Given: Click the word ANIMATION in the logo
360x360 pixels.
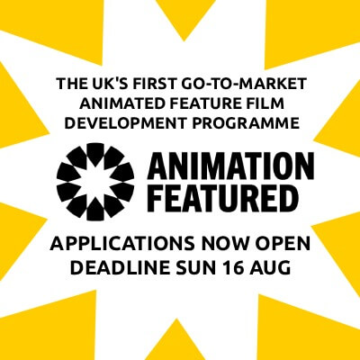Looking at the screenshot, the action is pyautogui.click(x=230, y=166).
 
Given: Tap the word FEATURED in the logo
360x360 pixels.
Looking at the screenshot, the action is pyautogui.click(x=220, y=196).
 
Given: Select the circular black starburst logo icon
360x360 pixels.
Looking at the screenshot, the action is pyautogui.click(x=95, y=182).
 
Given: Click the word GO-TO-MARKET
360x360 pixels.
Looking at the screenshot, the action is pyautogui.click(x=245, y=84).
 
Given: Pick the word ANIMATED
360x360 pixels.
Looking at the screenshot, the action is pyautogui.click(x=122, y=103).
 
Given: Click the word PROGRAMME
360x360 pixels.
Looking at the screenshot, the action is pyautogui.click(x=246, y=123).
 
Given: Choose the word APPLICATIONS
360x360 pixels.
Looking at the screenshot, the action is pyautogui.click(x=122, y=244).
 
